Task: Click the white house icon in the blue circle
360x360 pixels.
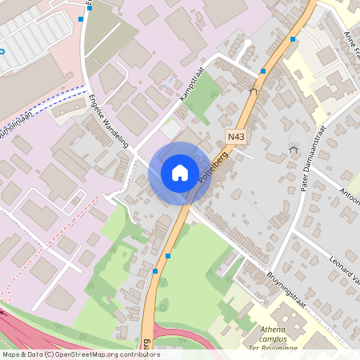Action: [x=179, y=172]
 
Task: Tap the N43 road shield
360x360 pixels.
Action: [x=235, y=137]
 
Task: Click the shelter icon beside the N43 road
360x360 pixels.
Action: [x=254, y=90]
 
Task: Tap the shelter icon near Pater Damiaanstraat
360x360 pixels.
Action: [x=293, y=147]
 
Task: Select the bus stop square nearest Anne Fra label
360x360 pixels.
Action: [x=294, y=38]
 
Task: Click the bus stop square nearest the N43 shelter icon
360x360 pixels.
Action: [x=263, y=71]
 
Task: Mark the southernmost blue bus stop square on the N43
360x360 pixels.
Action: [x=154, y=271]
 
